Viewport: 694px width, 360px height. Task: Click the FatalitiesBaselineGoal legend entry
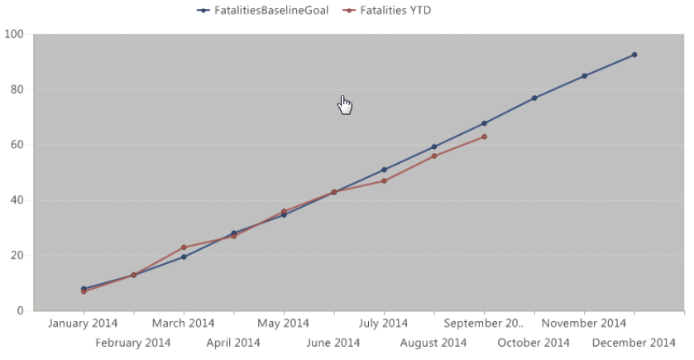point(263,11)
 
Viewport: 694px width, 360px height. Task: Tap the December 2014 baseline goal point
point(634,55)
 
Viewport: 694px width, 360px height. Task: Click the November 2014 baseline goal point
point(584,76)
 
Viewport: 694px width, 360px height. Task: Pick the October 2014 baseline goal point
point(534,98)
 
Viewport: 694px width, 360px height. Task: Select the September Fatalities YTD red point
point(484,137)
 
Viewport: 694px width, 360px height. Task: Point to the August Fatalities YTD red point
point(434,156)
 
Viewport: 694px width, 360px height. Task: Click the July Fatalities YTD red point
point(384,180)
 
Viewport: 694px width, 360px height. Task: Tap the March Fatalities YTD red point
point(184,247)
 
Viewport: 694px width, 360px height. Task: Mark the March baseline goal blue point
point(184,257)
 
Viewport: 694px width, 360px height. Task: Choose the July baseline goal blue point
point(384,170)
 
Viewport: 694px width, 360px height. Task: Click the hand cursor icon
point(346,105)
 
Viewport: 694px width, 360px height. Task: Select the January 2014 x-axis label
point(83,323)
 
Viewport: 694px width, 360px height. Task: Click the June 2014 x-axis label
point(333,343)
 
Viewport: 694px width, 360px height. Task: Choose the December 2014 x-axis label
point(634,343)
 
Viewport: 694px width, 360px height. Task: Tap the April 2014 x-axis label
point(233,343)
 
